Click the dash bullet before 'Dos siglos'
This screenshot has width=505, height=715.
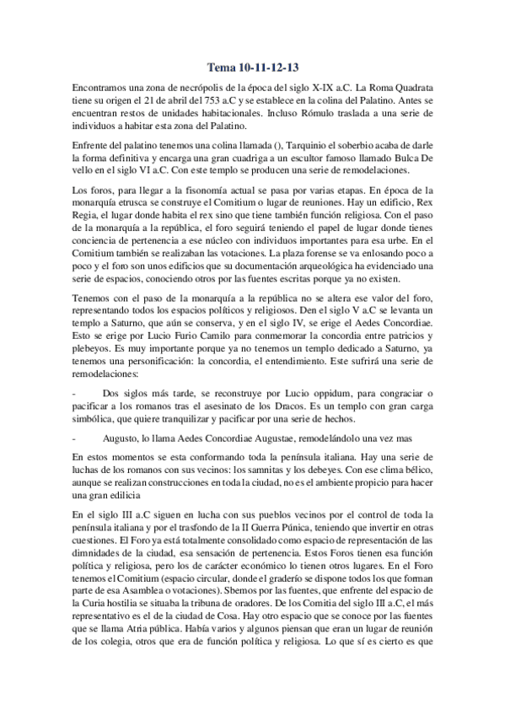click(x=75, y=395)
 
